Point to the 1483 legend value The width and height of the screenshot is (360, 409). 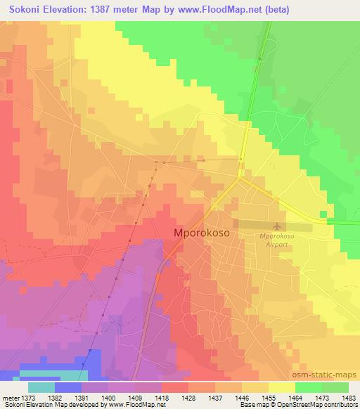pyautogui.click(x=340, y=396)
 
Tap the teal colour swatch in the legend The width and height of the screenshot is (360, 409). pyautogui.click(x=41, y=387)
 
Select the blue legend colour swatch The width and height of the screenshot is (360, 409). pyautogui.click(x=68, y=387)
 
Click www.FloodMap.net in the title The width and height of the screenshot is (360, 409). pyautogui.click(x=221, y=10)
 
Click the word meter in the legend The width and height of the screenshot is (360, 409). pyautogui.click(x=10, y=396)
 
